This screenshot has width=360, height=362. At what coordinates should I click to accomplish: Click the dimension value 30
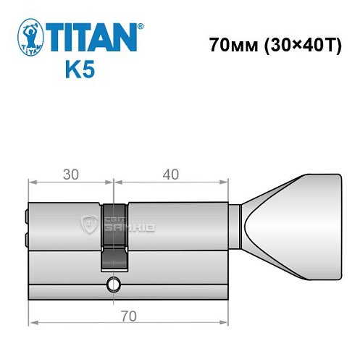pyautogui.click(x=70, y=174)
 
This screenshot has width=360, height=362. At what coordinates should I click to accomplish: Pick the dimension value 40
pyautogui.click(x=172, y=174)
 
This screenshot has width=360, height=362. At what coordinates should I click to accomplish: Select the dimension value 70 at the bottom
pyautogui.click(x=128, y=316)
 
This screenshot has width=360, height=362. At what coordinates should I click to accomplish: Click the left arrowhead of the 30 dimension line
pyautogui.click(x=32, y=183)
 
